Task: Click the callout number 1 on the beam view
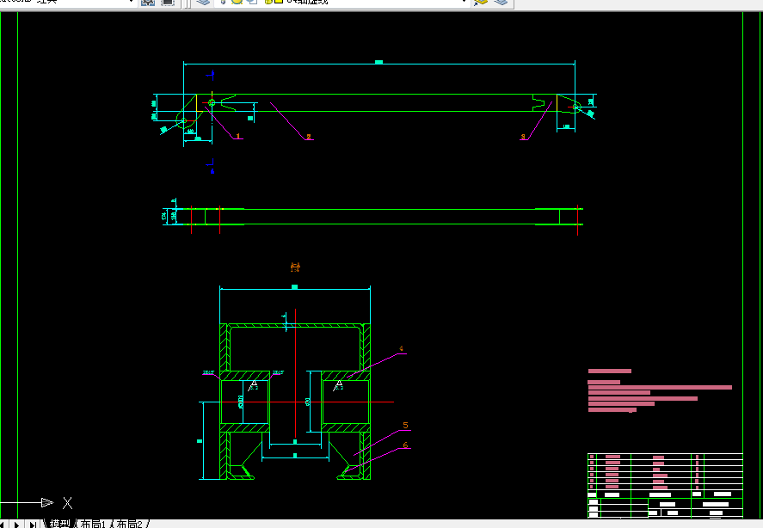click(239, 136)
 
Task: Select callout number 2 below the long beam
click(309, 136)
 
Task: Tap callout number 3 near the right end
click(522, 137)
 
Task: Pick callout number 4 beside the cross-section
click(401, 350)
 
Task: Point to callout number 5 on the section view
click(405, 425)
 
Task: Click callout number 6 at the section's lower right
click(405, 445)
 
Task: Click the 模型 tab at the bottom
click(59, 523)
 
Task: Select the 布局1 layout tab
click(94, 523)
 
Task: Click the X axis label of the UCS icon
click(68, 503)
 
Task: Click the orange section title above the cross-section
click(295, 267)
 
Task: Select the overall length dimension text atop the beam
click(378, 62)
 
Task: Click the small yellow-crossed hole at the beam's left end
click(212, 103)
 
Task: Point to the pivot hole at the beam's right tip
click(577, 107)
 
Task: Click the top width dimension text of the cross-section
click(294, 286)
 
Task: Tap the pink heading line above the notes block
click(609, 371)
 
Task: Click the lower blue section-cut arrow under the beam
click(211, 169)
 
